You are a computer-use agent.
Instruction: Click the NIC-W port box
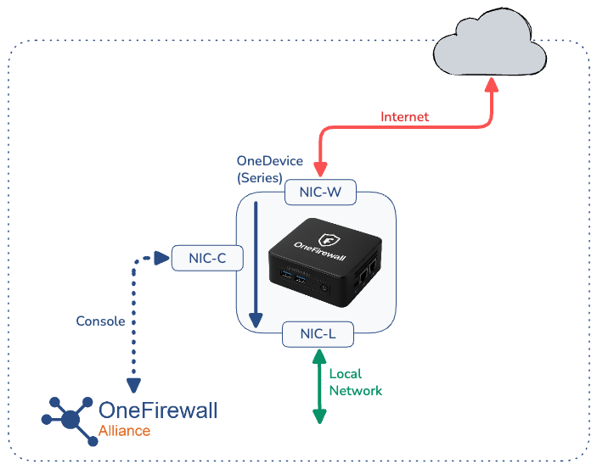pos(319,193)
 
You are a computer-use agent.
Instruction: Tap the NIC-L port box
pos(319,334)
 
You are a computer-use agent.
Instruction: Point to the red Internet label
pos(404,117)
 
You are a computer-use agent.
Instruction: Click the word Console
pos(101,321)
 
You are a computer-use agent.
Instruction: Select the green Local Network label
pos(355,382)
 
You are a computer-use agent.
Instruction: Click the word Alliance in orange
pos(124,431)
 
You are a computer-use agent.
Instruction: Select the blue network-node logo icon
pos(70,417)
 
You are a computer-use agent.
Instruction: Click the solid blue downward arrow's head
pos(254,321)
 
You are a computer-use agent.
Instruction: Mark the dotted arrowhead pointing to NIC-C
pos(162,258)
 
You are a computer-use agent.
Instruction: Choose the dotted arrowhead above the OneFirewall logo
pos(134,384)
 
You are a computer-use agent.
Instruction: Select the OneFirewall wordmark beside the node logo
pos(158,410)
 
